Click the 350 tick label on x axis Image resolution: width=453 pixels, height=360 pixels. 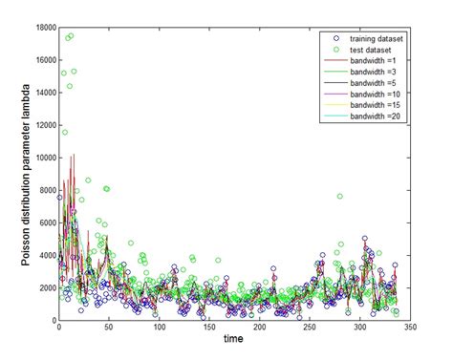[408, 328]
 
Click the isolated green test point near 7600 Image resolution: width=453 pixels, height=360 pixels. [339, 196]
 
